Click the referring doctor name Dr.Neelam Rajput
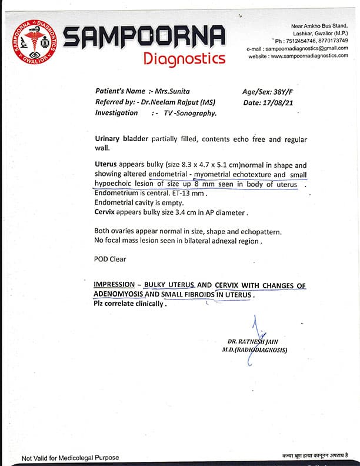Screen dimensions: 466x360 178,102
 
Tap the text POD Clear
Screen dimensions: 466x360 110,259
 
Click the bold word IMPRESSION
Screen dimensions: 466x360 115,285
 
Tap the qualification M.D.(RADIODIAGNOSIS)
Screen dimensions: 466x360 255,350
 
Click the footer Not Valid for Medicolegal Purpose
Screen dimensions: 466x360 70,458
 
